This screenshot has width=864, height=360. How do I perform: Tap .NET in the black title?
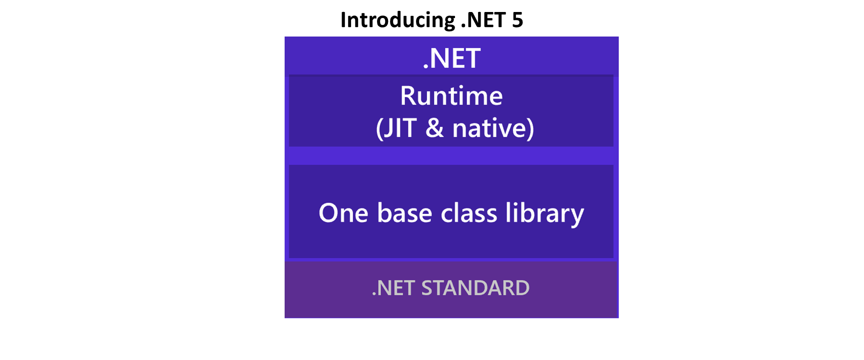coord(483,20)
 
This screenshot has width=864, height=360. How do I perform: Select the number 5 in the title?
coord(517,20)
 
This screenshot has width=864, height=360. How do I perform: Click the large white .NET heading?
coord(451,58)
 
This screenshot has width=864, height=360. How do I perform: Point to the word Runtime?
coord(451,95)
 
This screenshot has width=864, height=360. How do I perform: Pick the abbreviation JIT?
coord(400,128)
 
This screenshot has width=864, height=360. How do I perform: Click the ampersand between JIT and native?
coord(434,128)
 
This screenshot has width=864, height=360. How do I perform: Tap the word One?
coord(343,213)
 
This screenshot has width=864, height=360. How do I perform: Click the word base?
coord(404,213)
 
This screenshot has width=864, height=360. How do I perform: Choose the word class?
coord(468,213)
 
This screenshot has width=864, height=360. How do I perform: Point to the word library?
coord(544,214)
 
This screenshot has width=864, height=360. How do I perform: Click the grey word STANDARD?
coord(475,288)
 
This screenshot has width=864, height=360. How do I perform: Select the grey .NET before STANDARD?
coord(393,288)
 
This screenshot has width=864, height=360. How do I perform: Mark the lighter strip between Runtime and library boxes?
coord(451,155)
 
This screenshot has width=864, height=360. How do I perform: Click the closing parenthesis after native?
coord(530,128)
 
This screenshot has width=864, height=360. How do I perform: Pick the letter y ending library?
coord(577,217)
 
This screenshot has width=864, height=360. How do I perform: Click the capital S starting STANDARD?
coord(427,288)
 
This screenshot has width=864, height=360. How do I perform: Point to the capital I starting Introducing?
coord(343,20)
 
